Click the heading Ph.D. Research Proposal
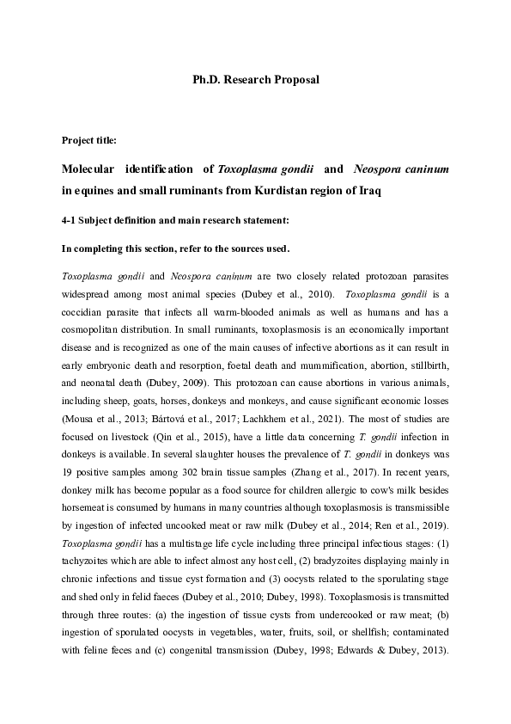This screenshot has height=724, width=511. click(x=255, y=79)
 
